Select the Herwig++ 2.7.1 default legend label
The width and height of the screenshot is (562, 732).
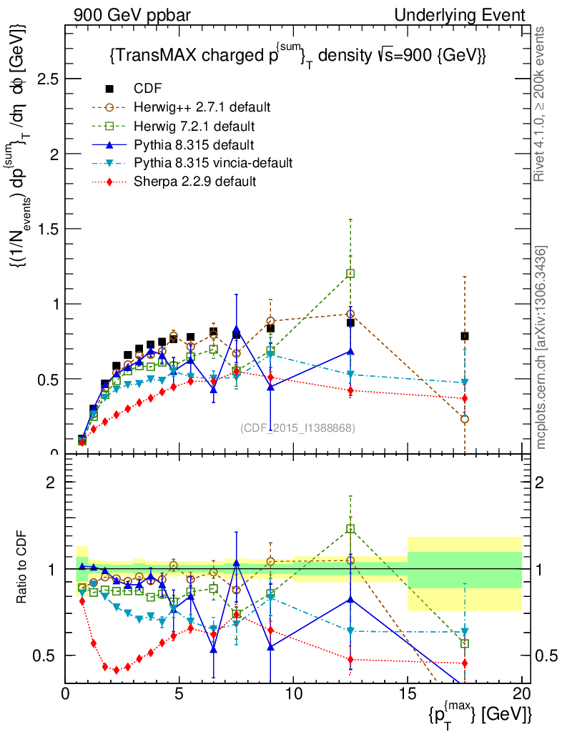(202, 107)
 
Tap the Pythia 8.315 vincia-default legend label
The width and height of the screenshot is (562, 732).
(213, 163)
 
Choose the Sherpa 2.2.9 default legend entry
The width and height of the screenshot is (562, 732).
(195, 182)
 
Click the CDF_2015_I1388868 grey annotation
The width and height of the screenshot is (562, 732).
(297, 427)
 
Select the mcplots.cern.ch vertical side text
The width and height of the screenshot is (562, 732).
(542, 347)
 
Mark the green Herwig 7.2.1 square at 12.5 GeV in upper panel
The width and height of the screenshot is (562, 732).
(350, 273)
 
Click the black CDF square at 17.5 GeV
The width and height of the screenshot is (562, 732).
(465, 336)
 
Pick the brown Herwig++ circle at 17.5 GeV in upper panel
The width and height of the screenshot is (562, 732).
(465, 419)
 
